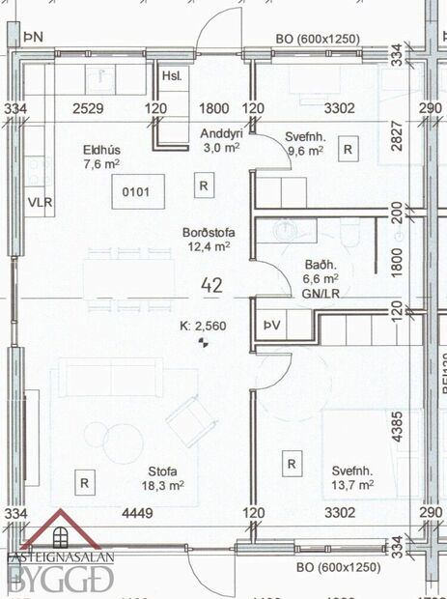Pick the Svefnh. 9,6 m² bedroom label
[x=306, y=144]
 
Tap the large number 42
[x=212, y=285]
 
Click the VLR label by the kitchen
[x=40, y=203]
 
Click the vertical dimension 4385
[x=397, y=429]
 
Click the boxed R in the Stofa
[x=85, y=481]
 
